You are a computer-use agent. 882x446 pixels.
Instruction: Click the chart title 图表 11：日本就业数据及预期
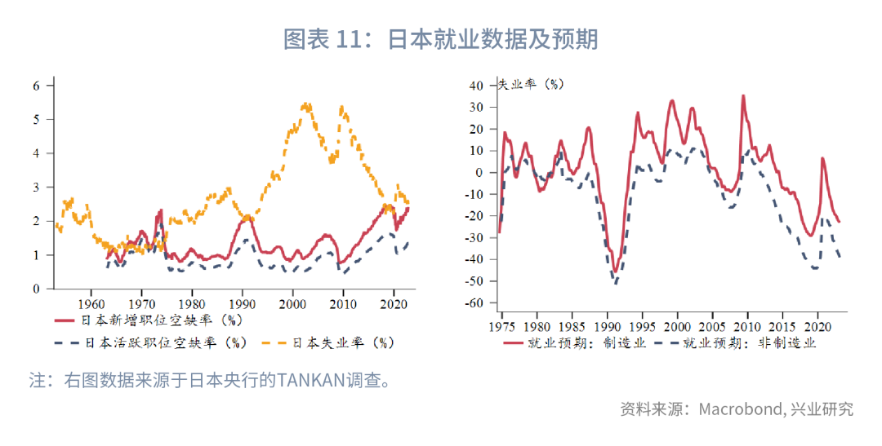tap(440, 38)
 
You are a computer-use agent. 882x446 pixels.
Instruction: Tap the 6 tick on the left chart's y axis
tap(37, 85)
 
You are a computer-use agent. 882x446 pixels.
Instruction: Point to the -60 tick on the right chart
tap(475, 303)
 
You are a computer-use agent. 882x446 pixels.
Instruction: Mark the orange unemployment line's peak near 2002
tap(305, 104)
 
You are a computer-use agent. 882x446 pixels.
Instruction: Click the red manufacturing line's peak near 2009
tap(742, 95)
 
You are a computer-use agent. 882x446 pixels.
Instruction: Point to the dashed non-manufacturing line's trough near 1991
tap(615, 283)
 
